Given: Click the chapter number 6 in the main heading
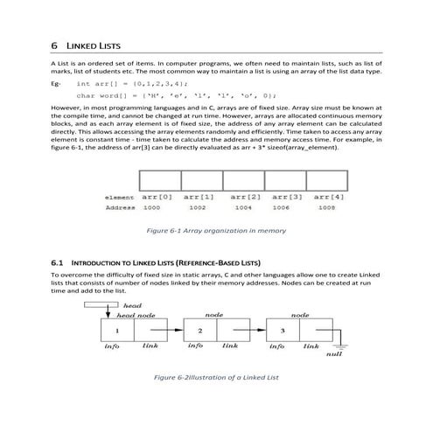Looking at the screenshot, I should tap(54, 45).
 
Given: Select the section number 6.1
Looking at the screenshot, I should tap(59, 262).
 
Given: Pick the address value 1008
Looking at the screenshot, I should tap(326, 208).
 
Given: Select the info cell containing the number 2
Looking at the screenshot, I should tap(200, 332).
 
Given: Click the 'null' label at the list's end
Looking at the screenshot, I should tap(333, 354).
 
